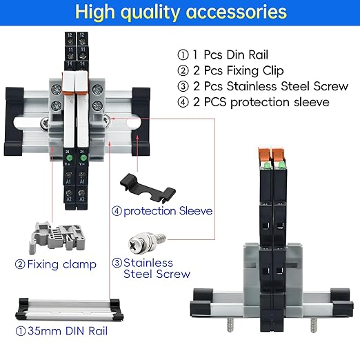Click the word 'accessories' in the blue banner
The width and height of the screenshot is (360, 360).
click(237, 12)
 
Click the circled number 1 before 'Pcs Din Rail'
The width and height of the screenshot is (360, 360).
click(183, 55)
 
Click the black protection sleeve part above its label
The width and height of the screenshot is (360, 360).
click(148, 188)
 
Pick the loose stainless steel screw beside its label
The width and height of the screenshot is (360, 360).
click(147, 243)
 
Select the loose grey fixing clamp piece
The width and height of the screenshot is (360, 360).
click(57, 237)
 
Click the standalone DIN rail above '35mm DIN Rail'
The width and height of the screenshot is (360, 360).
click(70, 309)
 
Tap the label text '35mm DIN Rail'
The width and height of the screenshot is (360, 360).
click(68, 331)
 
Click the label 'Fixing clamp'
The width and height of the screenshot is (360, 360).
click(61, 264)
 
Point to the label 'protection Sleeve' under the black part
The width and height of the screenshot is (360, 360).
click(168, 211)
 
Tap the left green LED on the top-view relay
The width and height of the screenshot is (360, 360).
click(69, 158)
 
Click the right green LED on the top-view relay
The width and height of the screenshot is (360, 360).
click(83, 158)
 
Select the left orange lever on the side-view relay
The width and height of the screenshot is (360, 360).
click(265, 154)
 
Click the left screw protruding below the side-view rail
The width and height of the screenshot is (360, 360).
click(230, 324)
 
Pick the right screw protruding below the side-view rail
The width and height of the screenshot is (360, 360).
click(314, 324)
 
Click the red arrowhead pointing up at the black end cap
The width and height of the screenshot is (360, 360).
click(137, 137)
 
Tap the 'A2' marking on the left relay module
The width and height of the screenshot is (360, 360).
click(69, 199)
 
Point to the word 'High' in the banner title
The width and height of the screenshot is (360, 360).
click(95, 12)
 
